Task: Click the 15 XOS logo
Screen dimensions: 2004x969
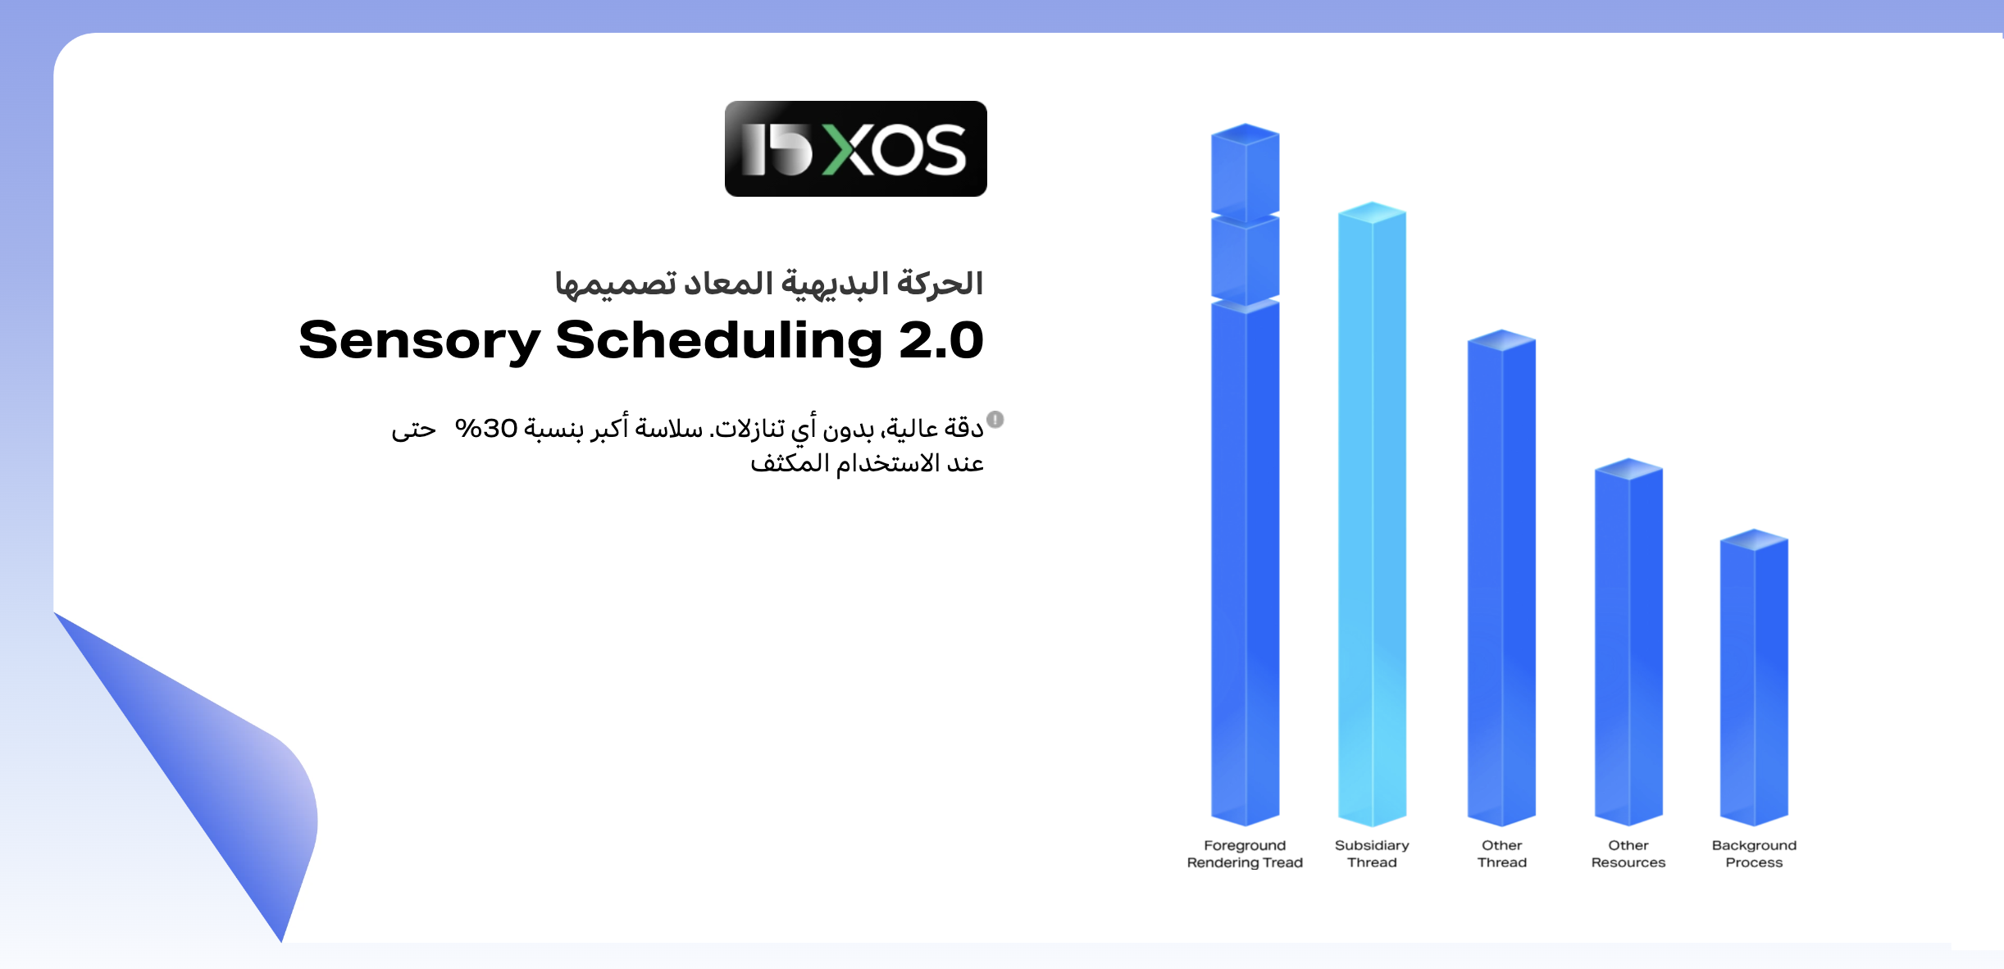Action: tap(855, 148)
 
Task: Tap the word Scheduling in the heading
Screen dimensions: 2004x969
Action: tap(719, 341)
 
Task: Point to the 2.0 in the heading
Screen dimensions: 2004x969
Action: tap(941, 340)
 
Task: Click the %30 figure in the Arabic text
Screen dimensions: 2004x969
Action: tap(486, 428)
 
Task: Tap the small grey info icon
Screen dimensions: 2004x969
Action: tap(995, 420)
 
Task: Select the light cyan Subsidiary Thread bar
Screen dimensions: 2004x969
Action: tap(1372, 514)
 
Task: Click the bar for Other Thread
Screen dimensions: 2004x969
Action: tap(1501, 578)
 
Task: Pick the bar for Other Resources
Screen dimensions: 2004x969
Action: tap(1628, 642)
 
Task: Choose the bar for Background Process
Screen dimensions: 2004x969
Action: tap(1754, 677)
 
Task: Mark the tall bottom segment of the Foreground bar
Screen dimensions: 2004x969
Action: tap(1246, 564)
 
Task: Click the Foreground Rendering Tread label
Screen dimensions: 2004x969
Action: tap(1245, 853)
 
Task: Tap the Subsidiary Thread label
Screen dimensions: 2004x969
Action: tap(1372, 853)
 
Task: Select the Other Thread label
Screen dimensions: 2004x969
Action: tap(1502, 853)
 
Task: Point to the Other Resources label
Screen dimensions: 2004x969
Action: tap(1628, 853)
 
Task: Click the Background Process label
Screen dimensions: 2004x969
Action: tap(1754, 853)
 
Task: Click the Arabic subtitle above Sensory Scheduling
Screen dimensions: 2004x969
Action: tap(769, 284)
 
